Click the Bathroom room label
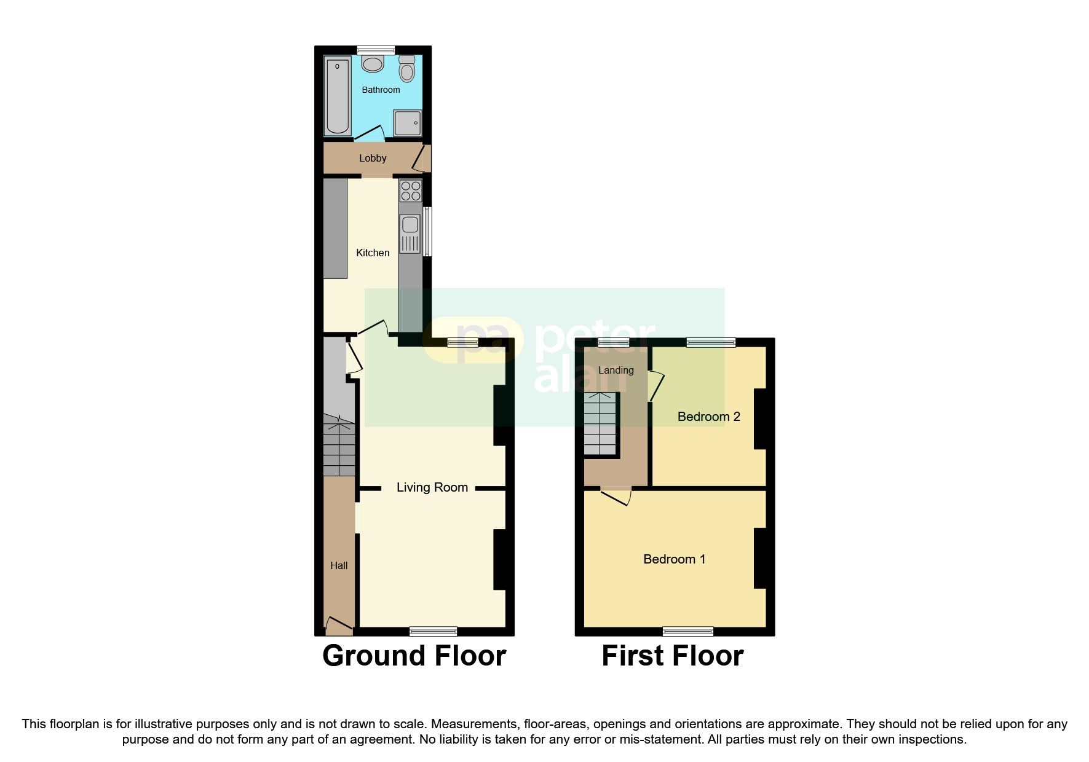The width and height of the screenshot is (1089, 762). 381,90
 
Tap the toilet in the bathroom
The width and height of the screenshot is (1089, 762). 406,69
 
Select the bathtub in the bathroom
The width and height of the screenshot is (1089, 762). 337,96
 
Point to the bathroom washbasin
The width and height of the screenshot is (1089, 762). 373,63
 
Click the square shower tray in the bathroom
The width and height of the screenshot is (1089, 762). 408,123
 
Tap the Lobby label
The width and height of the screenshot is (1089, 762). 373,159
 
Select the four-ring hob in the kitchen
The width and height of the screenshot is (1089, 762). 411,191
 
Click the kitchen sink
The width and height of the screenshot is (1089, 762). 410,233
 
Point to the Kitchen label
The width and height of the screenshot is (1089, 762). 373,253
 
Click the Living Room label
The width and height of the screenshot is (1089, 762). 432,487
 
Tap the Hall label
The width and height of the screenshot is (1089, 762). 339,565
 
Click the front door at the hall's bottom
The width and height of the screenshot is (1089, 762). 338,626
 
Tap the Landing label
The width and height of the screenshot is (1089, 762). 616,370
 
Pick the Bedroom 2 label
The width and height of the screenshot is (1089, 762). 708,417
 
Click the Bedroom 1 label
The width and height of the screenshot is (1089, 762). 674,559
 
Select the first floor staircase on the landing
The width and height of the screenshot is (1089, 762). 600,423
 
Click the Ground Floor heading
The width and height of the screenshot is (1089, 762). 414,656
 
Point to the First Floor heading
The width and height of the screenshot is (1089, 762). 672,656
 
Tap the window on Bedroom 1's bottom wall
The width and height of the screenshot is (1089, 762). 688,630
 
